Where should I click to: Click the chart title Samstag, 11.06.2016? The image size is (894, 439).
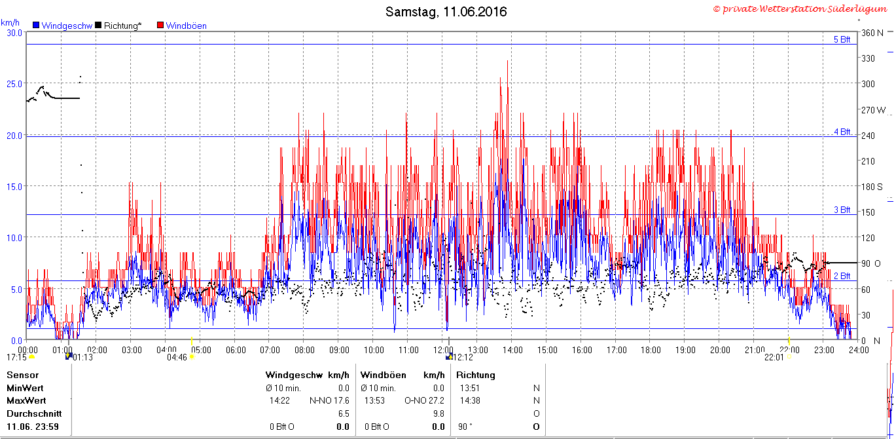(446, 12)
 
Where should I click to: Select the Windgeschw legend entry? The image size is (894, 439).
(63, 26)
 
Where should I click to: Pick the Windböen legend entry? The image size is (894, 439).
(182, 26)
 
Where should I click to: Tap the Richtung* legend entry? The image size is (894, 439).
(118, 26)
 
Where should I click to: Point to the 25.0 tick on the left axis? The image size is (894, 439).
(14, 84)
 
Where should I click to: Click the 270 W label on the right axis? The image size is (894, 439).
(873, 110)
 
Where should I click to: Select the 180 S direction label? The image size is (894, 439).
(872, 187)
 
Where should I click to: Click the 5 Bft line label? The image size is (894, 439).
(842, 39)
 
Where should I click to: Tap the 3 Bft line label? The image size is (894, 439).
(842, 210)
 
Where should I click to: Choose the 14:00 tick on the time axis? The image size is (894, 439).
(512, 351)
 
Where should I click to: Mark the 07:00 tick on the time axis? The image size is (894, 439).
(270, 351)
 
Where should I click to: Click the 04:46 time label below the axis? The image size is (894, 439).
(177, 357)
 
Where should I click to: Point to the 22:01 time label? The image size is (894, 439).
(774, 357)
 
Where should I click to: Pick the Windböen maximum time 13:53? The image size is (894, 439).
(374, 400)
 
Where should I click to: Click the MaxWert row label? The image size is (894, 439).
(26, 400)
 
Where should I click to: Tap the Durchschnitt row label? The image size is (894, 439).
(34, 413)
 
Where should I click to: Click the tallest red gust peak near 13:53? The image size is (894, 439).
(507, 61)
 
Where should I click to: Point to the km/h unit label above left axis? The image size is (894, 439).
(10, 22)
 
